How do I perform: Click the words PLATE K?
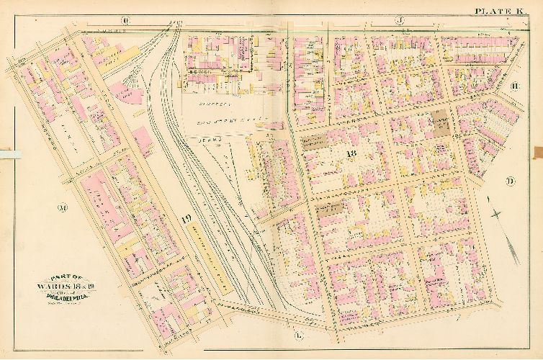pos(499,10)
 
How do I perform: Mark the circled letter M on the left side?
pos(62,209)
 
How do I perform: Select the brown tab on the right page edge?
pos(537,152)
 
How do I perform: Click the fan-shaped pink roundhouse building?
pos(125,91)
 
